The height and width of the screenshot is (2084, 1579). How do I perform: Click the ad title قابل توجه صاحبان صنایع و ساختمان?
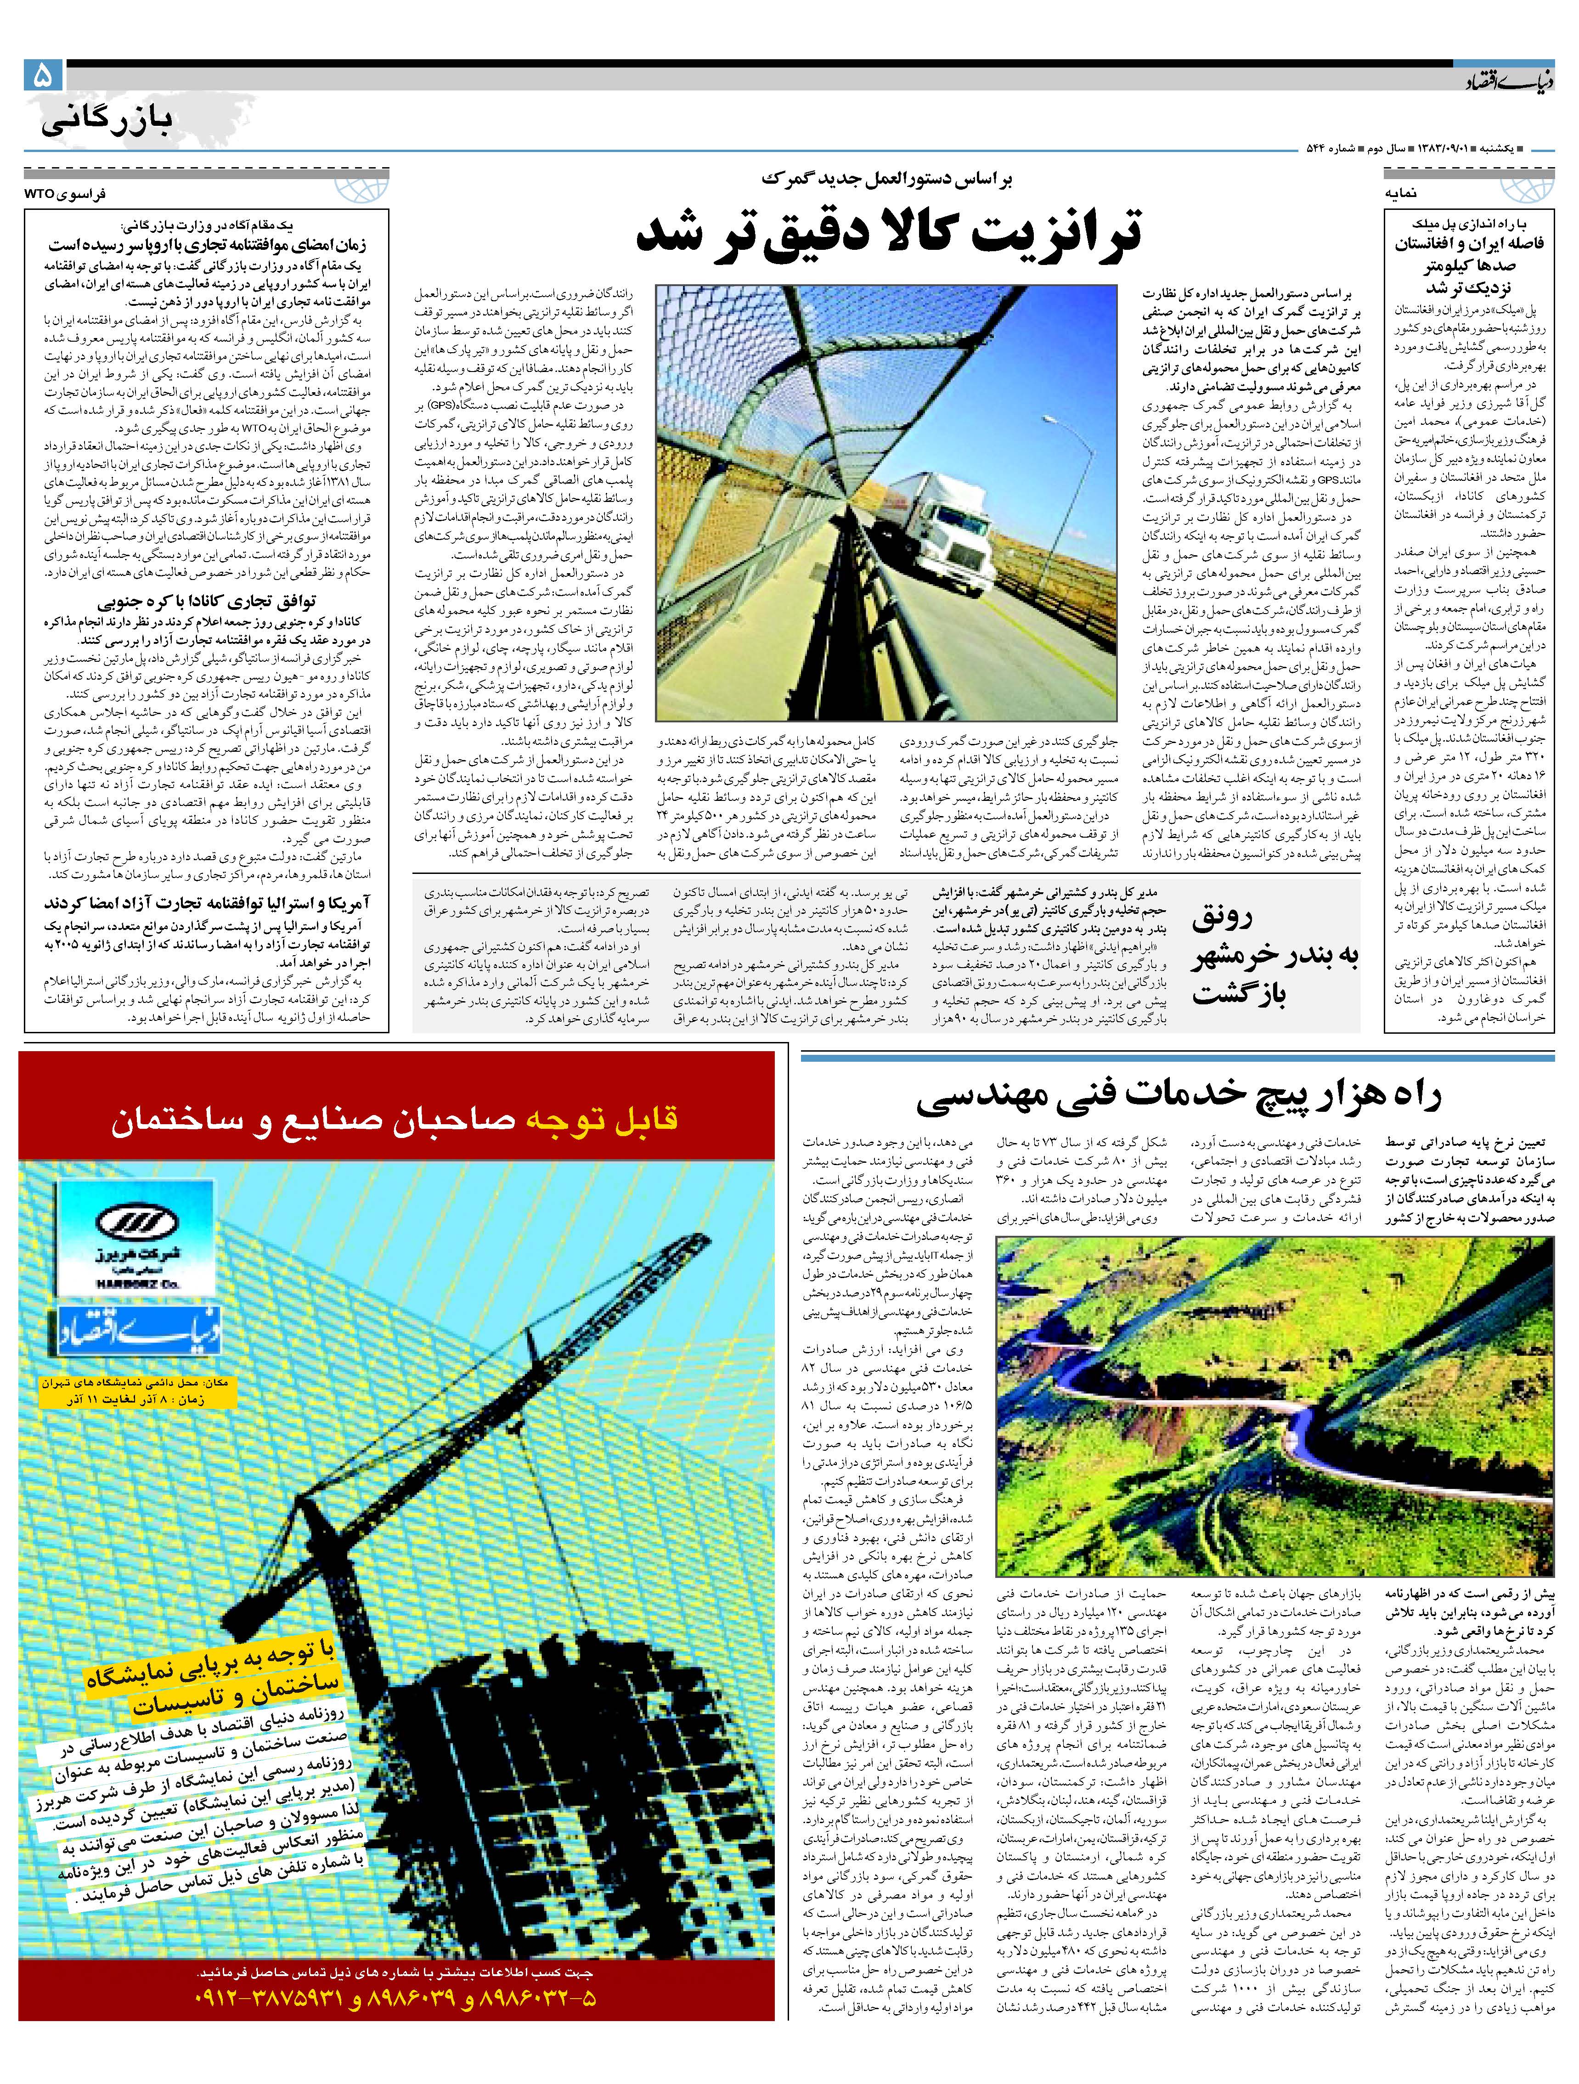pyautogui.click(x=396, y=1121)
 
